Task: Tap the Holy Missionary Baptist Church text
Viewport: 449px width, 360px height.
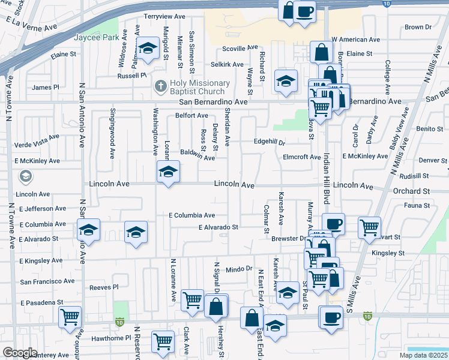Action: coord(191,87)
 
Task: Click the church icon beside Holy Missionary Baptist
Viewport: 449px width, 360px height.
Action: coord(160,86)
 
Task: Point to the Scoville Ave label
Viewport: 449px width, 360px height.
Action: coord(240,48)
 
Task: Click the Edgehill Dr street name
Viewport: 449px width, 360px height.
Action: coord(270,143)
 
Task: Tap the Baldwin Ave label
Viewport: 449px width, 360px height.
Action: coord(197,155)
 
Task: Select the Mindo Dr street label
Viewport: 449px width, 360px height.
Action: coord(239,270)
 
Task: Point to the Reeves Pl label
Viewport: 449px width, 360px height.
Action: coord(104,287)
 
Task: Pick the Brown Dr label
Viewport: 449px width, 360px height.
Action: coord(418,27)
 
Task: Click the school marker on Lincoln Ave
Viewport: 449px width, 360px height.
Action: coord(168,173)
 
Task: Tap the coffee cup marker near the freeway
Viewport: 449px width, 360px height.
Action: coord(305,11)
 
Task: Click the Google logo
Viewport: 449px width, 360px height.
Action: coord(20,353)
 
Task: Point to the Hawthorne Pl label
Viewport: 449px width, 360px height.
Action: coord(111,338)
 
